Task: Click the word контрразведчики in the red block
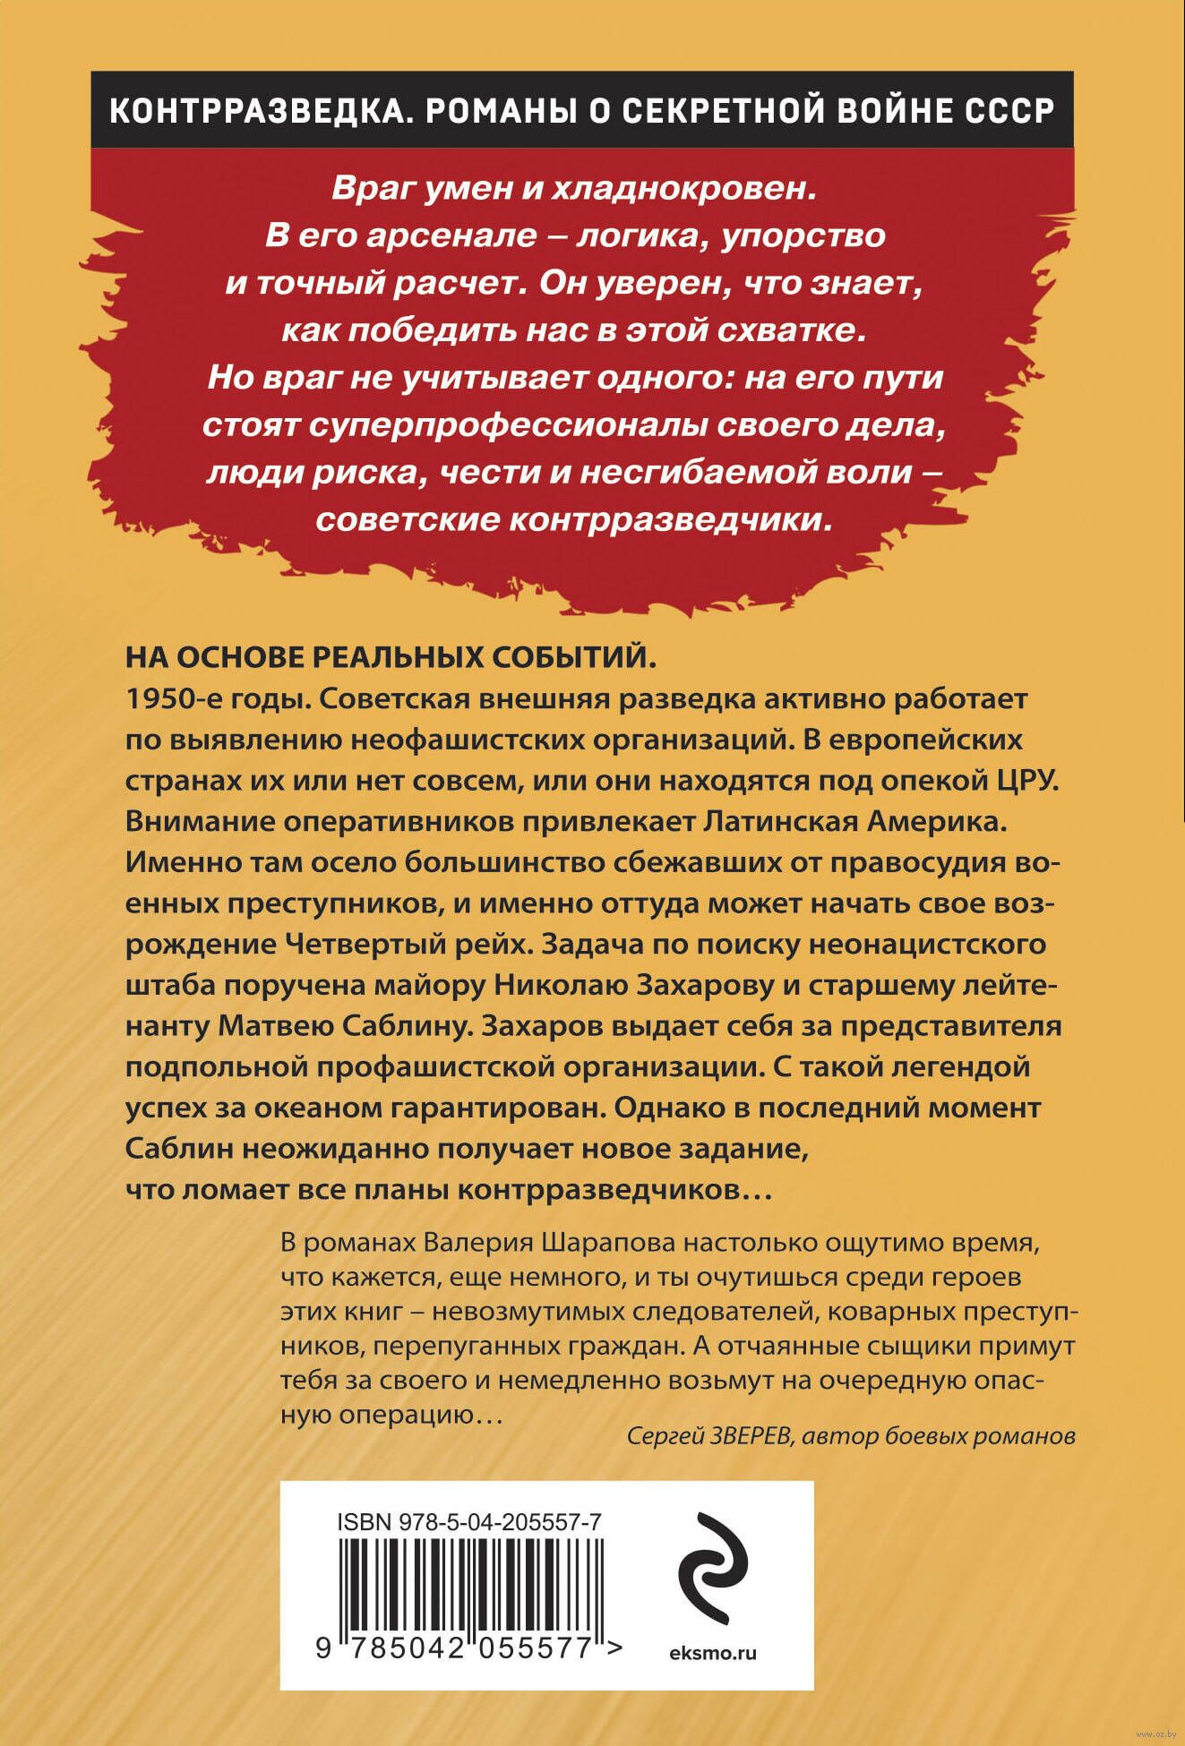point(666,519)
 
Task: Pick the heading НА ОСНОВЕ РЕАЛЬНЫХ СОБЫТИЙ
point(391,657)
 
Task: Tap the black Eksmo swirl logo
point(711,1570)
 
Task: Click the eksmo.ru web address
point(713,1653)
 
